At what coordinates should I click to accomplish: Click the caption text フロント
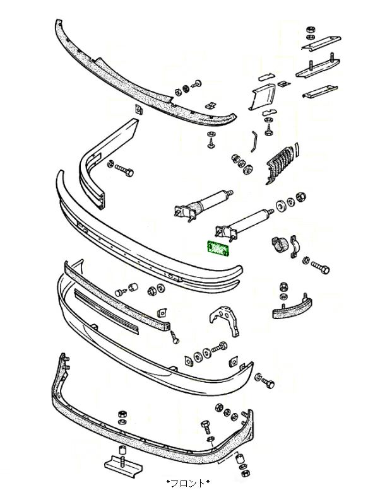[x=187, y=484]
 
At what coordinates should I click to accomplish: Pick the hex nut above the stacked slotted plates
[x=310, y=31]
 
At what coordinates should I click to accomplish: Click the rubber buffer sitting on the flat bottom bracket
[x=120, y=453]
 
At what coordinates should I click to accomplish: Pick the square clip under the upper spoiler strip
[x=140, y=111]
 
